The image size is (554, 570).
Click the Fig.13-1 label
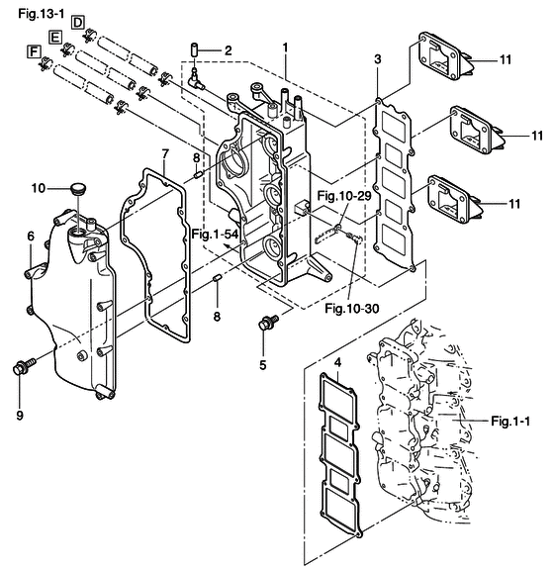pos(42,14)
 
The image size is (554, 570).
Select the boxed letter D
pos(78,23)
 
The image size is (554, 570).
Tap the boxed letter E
pos(55,37)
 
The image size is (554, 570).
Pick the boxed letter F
pos(34,51)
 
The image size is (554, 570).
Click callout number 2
pos(228,50)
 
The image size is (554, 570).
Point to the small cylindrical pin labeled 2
pos(195,49)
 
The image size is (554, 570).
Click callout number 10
pos(39,188)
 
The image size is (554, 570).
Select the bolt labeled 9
pos(25,366)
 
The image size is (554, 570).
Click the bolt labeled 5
pos(268,322)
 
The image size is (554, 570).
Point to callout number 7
pos(165,154)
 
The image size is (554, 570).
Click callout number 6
pos(31,237)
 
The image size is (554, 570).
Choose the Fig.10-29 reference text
pos(344,196)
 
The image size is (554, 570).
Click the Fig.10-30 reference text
pos(352,309)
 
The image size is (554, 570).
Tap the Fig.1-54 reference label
pos(215,235)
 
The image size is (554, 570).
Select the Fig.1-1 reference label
pos(510,421)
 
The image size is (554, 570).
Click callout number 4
pos(338,362)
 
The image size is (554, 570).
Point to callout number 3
pos(378,59)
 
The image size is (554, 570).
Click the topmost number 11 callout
pos(506,59)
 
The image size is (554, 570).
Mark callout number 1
pos(285,47)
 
